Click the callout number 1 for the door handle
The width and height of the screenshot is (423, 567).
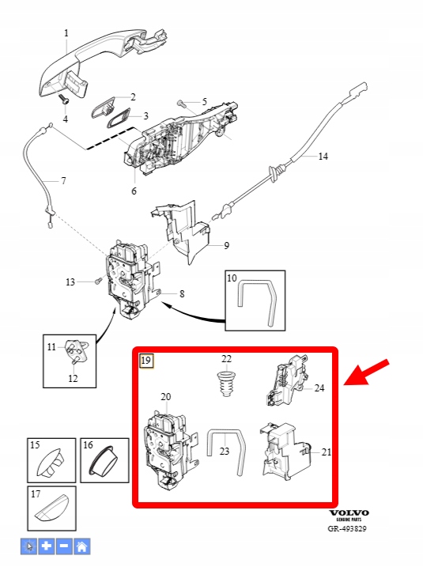(x=66, y=33)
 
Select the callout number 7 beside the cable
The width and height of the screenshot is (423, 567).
(x=63, y=180)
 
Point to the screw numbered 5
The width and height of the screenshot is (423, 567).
(x=182, y=104)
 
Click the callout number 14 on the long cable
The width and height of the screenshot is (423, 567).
(x=323, y=157)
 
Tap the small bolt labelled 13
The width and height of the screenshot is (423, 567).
(x=97, y=281)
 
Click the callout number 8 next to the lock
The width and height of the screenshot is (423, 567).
(x=182, y=294)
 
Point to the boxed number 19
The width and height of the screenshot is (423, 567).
(x=147, y=361)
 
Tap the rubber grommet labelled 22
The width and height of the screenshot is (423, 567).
(x=226, y=384)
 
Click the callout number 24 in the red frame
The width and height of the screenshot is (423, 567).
(x=319, y=388)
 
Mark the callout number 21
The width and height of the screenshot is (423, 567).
(x=326, y=452)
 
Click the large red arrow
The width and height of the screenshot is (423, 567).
(x=366, y=372)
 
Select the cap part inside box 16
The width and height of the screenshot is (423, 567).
(x=104, y=460)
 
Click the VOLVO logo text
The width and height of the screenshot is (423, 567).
(x=349, y=512)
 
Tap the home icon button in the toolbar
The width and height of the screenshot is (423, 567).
(x=81, y=546)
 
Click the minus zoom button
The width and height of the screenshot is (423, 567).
(x=64, y=546)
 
